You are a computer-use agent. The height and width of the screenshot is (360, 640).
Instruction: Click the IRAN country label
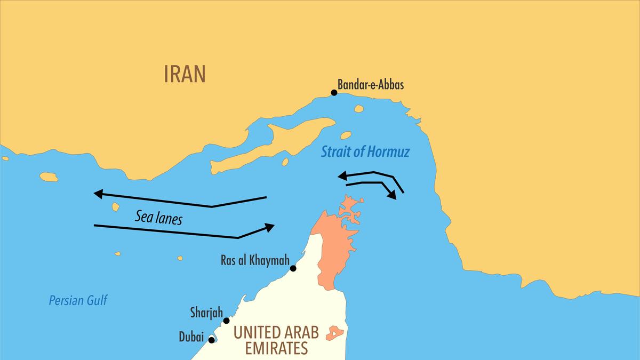[x=185, y=75]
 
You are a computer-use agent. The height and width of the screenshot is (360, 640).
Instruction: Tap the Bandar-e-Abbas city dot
[x=334, y=93]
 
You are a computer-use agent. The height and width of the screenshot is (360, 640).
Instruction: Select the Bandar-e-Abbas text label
[x=371, y=85]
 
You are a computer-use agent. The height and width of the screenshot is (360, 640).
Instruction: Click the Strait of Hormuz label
[x=365, y=153]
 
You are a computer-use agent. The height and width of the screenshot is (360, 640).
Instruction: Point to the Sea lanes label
[x=158, y=217]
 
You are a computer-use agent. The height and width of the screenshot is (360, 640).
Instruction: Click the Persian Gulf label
[x=78, y=300]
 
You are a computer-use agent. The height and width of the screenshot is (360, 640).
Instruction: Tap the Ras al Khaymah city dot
[x=293, y=268]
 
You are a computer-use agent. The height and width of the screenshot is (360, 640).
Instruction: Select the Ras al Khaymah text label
[x=254, y=261]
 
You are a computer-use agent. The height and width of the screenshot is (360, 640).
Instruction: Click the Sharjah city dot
[x=227, y=321]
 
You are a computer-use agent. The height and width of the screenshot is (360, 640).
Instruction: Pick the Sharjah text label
[x=206, y=312]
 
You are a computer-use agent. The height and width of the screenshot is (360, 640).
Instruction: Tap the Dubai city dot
[x=212, y=340]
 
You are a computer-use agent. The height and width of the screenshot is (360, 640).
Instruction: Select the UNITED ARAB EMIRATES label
[x=276, y=340]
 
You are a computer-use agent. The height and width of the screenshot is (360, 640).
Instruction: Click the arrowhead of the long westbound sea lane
[x=98, y=194]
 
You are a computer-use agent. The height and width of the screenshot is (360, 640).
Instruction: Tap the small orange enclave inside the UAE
[x=335, y=333]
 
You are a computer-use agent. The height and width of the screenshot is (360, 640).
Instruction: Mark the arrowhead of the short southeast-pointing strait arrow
[x=392, y=194]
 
